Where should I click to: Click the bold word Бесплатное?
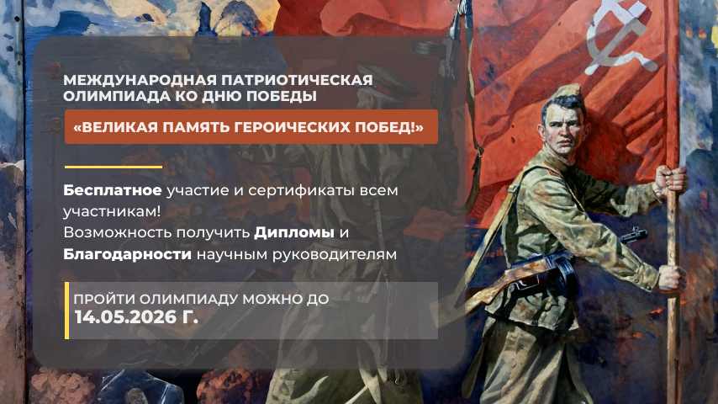tap(113, 190)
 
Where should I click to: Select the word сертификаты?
tap(301, 190)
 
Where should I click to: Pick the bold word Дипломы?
tap(294, 232)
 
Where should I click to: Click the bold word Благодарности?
tap(127, 254)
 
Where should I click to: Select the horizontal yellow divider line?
tap(114, 167)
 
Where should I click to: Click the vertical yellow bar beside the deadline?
tap(67, 311)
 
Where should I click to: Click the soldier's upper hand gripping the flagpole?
tap(671, 180)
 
